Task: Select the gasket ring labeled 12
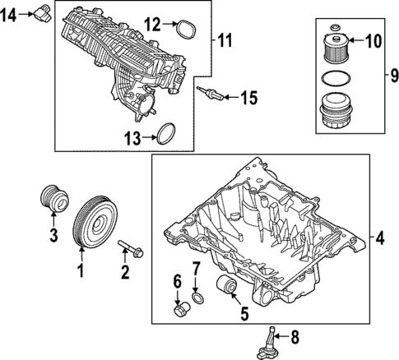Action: click(x=185, y=30)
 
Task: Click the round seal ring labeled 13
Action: click(x=168, y=135)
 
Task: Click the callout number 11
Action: click(x=225, y=39)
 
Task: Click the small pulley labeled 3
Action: click(x=52, y=200)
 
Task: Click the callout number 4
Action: click(x=378, y=238)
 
